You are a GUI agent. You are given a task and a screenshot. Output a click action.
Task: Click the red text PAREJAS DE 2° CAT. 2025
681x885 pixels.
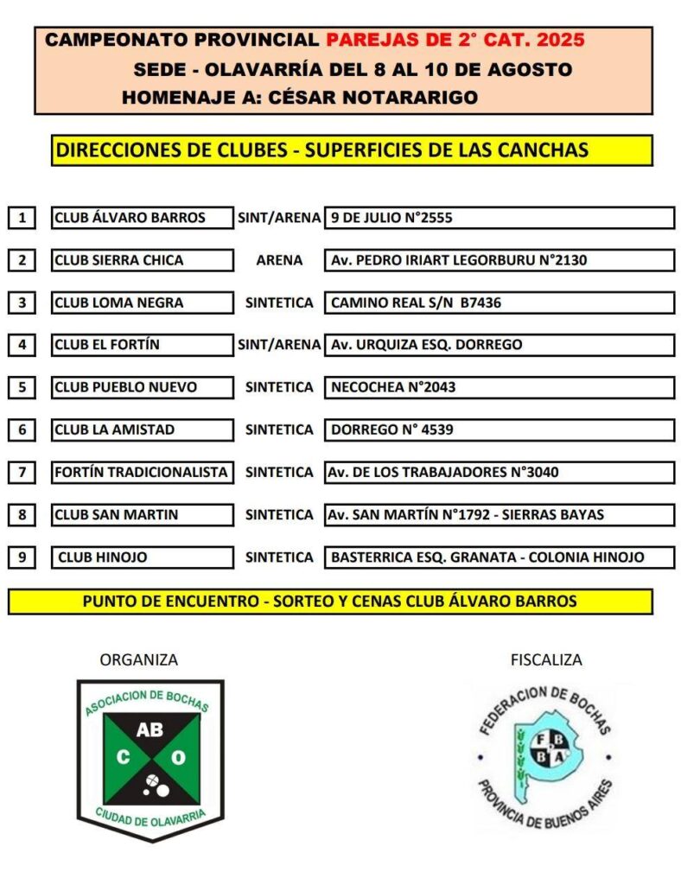click(x=455, y=40)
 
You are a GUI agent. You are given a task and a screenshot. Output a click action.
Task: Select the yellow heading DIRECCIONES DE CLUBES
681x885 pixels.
click(x=172, y=150)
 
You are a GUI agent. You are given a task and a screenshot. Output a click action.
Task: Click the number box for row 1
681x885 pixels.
click(x=22, y=218)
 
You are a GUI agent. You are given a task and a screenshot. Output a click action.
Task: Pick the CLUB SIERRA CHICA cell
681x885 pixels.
click(x=143, y=260)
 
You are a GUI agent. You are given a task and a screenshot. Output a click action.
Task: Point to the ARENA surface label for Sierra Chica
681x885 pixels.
click(x=279, y=260)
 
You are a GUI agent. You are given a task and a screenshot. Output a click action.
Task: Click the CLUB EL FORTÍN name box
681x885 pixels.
click(x=143, y=345)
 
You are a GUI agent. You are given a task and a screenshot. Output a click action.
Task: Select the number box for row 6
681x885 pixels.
click(x=22, y=430)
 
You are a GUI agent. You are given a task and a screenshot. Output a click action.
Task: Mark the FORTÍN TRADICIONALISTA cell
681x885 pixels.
click(x=143, y=472)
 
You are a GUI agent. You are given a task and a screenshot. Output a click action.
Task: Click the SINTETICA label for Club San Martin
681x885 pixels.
click(x=279, y=514)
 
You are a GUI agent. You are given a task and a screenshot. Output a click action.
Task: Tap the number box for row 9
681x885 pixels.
click(x=22, y=557)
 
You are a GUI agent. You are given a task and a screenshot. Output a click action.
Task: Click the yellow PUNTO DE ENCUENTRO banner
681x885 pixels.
click(x=330, y=601)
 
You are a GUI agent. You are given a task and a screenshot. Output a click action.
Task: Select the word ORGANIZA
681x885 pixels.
click(x=139, y=660)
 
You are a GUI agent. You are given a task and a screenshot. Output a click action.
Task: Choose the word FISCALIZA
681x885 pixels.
click(x=546, y=660)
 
